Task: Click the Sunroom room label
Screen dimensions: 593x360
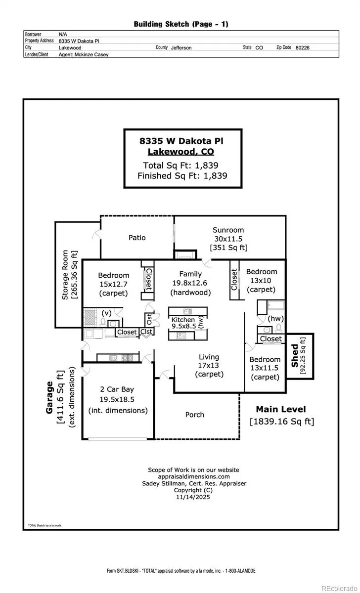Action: pyautogui.click(x=228, y=230)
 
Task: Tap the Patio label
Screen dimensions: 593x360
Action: pyautogui.click(x=137, y=238)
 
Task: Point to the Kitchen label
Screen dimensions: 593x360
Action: pyautogui.click(x=183, y=320)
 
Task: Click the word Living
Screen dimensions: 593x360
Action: pyautogui.click(x=209, y=357)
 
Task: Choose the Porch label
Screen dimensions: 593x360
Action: pyautogui.click(x=194, y=415)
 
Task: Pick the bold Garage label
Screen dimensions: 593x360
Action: pyautogui.click(x=49, y=397)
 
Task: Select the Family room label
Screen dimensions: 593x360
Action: pyautogui.click(x=190, y=274)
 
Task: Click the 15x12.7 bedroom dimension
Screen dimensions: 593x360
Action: pyautogui.click(x=113, y=284)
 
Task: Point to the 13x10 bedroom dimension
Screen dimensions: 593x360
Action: pyautogui.click(x=262, y=280)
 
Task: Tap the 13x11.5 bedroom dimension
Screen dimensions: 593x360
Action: pyautogui.click(x=265, y=368)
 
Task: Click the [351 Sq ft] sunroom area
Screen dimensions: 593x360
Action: pyautogui.click(x=228, y=247)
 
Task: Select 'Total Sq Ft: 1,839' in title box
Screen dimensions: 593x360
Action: pyautogui.click(x=180, y=166)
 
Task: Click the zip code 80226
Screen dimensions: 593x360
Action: pyautogui.click(x=302, y=48)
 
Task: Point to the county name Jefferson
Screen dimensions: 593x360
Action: pyautogui.click(x=181, y=48)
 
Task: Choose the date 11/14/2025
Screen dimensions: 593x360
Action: pyautogui.click(x=193, y=498)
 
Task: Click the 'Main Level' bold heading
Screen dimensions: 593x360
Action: pyautogui.click(x=280, y=409)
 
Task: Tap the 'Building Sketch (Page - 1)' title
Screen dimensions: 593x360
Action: pyautogui.click(x=181, y=24)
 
